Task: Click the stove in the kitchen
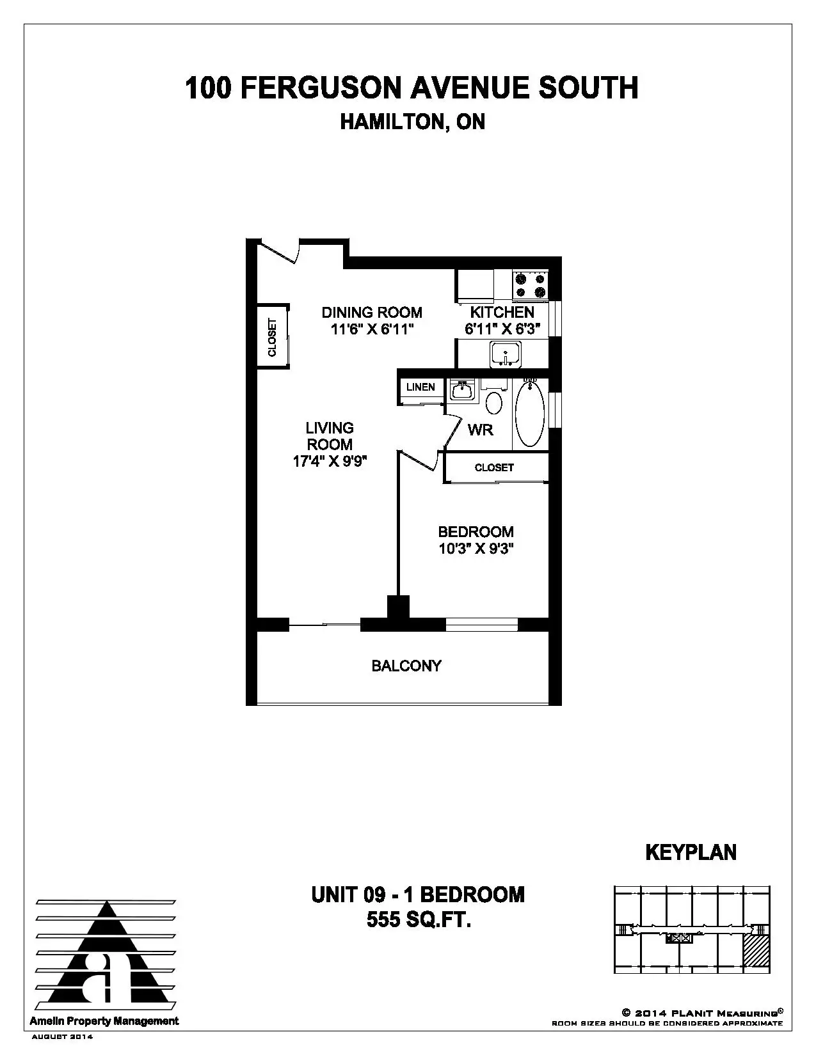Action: (x=530, y=285)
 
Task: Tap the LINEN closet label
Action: (x=420, y=387)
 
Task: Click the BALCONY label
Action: (x=406, y=666)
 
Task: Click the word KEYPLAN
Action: (x=691, y=852)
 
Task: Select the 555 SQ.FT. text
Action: (x=419, y=919)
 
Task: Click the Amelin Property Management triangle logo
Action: (x=106, y=955)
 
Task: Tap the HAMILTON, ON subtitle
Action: (x=413, y=122)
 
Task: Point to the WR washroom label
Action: (x=480, y=430)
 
